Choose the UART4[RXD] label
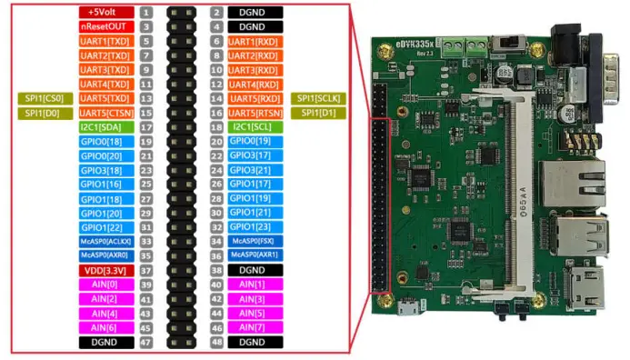point(254,84)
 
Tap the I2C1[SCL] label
point(254,126)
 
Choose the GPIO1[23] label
point(254,226)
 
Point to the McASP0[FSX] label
point(254,241)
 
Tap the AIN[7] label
point(254,326)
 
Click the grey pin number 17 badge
point(145,126)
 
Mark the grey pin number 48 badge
point(216,341)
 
